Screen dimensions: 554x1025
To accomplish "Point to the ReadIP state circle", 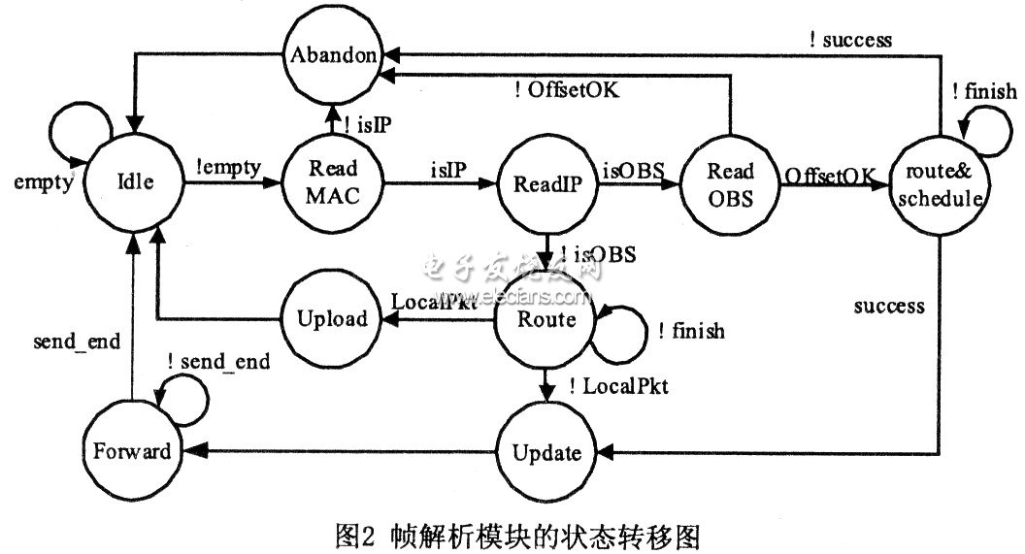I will click(546, 182).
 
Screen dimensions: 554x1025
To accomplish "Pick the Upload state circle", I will click(332, 318).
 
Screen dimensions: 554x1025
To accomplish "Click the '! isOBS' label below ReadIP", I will click(599, 256).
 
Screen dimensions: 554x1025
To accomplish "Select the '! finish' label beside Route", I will click(690, 332).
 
